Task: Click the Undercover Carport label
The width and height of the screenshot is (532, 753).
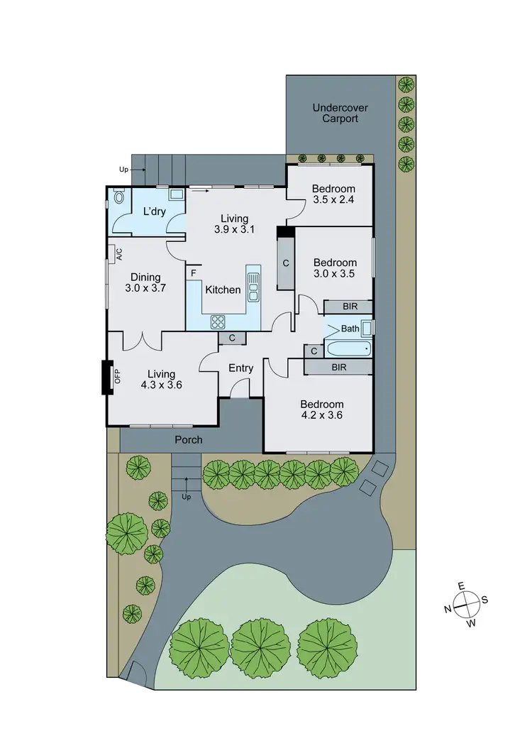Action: click(x=340, y=114)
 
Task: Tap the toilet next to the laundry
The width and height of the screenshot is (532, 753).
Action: click(x=118, y=197)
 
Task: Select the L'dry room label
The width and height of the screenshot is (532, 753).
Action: click(x=154, y=211)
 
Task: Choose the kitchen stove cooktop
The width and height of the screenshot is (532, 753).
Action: click(x=218, y=321)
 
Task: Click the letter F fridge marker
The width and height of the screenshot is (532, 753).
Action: click(x=192, y=272)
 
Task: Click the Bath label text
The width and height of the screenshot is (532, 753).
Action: click(x=350, y=329)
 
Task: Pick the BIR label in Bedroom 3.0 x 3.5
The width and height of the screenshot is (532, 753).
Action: click(x=349, y=307)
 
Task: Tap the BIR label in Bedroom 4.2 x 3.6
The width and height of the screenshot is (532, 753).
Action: click(x=339, y=367)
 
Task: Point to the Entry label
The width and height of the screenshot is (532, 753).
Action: click(x=240, y=368)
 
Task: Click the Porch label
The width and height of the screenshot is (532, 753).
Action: click(x=189, y=439)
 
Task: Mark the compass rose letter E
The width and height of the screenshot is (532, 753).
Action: click(x=460, y=586)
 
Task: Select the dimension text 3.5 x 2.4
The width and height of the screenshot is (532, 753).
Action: click(x=333, y=200)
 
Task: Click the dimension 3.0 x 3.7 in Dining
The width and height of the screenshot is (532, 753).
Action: click(x=145, y=289)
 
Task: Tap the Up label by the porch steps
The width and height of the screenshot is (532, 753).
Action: click(x=187, y=497)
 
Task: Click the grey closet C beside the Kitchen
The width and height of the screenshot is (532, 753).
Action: click(x=286, y=263)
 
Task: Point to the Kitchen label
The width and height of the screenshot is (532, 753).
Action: click(x=223, y=290)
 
